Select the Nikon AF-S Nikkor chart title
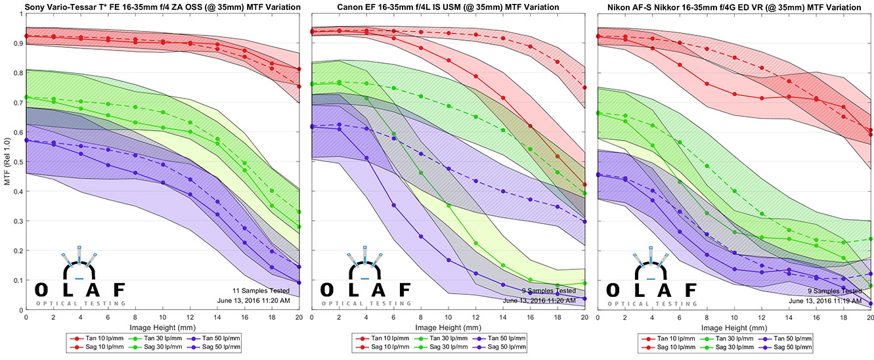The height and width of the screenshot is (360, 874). coord(733,7)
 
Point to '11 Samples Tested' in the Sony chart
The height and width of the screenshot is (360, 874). coord(270,290)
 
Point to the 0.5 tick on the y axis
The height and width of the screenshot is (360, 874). coord(18,162)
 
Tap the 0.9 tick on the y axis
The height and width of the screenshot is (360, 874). coord(18,43)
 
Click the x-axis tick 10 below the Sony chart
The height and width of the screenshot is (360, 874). coord(163,317)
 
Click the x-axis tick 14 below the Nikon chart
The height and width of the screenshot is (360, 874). coord(789,317)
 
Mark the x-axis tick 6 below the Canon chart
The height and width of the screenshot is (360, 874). coord(393,317)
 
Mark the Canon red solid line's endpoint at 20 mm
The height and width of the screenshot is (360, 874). coord(584,185)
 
